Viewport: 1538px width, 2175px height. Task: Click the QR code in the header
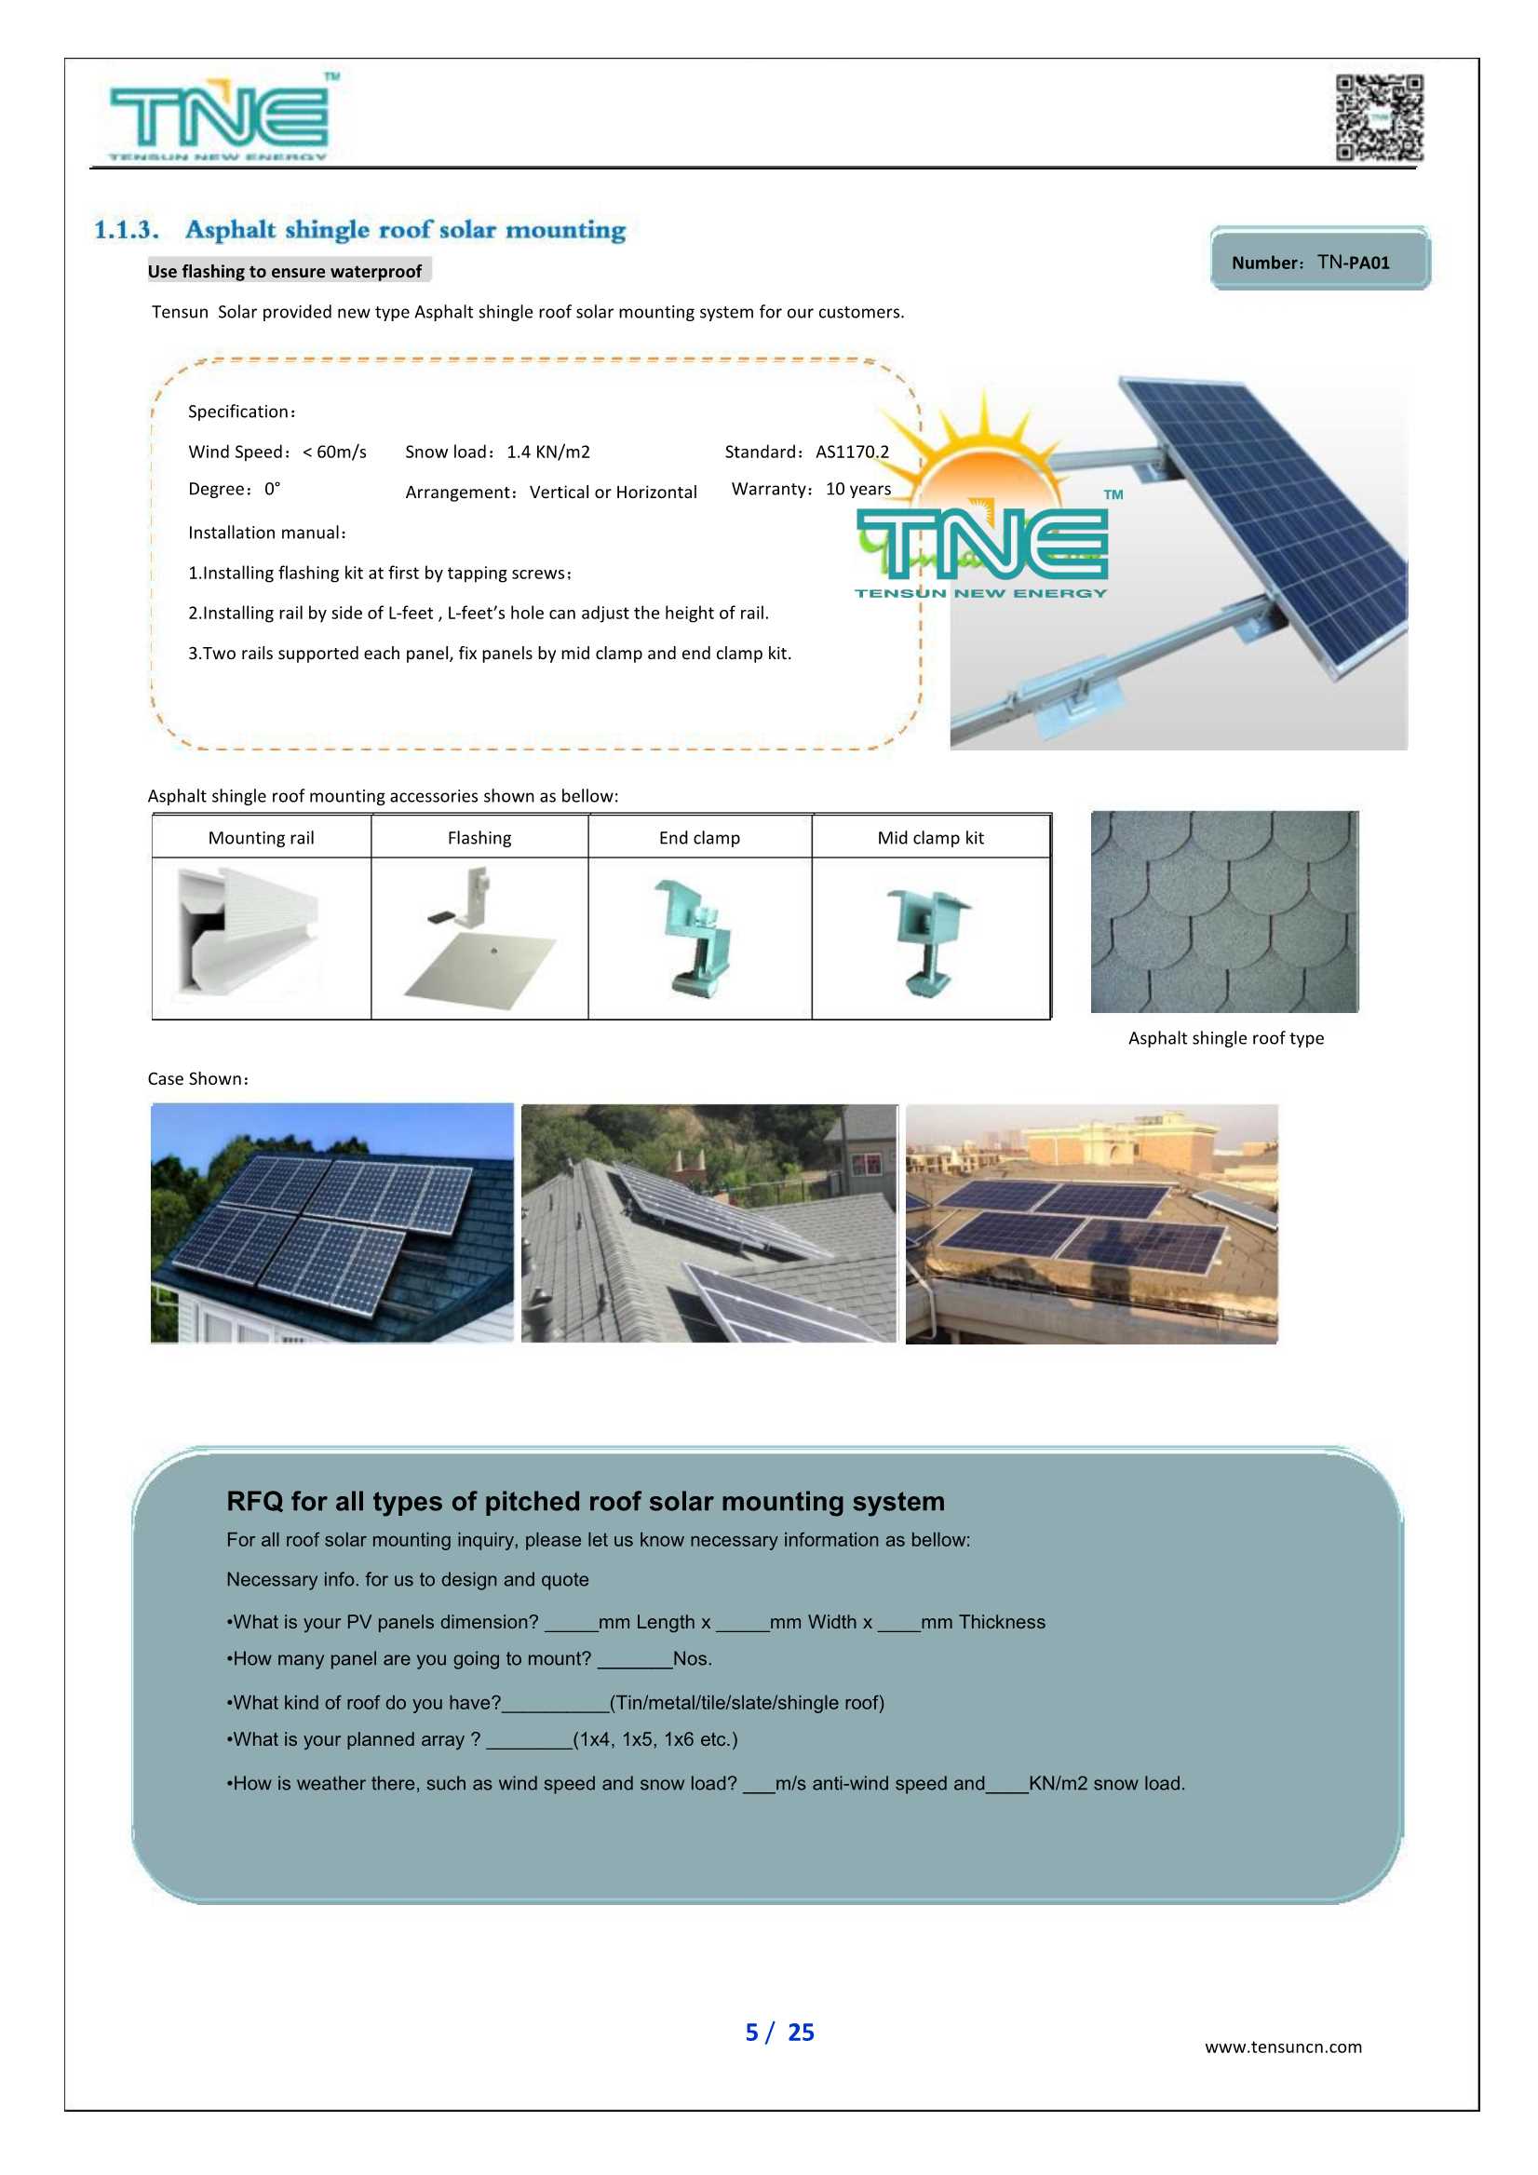pyautogui.click(x=1379, y=117)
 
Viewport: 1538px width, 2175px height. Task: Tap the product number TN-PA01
pyautogui.click(x=1354, y=263)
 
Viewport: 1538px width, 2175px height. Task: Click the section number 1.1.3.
pyautogui.click(x=126, y=230)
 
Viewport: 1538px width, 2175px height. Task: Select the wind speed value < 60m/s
pyautogui.click(x=334, y=452)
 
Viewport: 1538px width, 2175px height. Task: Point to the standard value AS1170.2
pyautogui.click(x=853, y=452)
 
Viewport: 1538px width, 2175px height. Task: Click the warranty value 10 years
pyautogui.click(x=858, y=489)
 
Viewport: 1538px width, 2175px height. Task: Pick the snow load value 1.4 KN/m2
pyautogui.click(x=547, y=452)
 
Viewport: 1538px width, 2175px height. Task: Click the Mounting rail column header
pyautogui.click(x=261, y=837)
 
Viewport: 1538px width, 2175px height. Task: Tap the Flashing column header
pyautogui.click(x=479, y=837)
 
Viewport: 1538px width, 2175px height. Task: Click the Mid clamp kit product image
pyautogui.click(x=928, y=941)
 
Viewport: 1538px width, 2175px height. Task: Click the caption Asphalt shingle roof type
pyautogui.click(x=1225, y=1038)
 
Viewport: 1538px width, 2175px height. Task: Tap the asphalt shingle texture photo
pyautogui.click(x=1223, y=912)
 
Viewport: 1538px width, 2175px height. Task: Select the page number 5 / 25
pyautogui.click(x=778, y=2033)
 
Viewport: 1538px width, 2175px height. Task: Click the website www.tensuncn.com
pyautogui.click(x=1282, y=2047)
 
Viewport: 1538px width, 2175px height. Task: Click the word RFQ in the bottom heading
pyautogui.click(x=255, y=1502)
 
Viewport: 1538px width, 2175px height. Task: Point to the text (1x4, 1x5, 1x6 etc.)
pyautogui.click(x=655, y=1739)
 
